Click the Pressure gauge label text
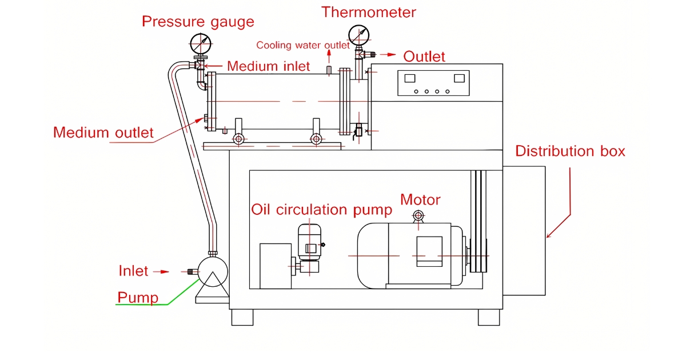point(198,22)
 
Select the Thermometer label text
point(369,11)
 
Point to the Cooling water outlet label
point(302,45)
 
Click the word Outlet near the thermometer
point(424,56)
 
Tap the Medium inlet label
point(268,66)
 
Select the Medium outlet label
point(103,133)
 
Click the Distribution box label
point(570,151)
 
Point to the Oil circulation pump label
point(322,210)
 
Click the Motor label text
point(420,200)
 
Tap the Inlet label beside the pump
point(133,271)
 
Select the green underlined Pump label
point(137,298)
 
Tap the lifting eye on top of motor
point(418,215)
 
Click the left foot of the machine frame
point(242,318)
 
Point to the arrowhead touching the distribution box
point(549,235)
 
